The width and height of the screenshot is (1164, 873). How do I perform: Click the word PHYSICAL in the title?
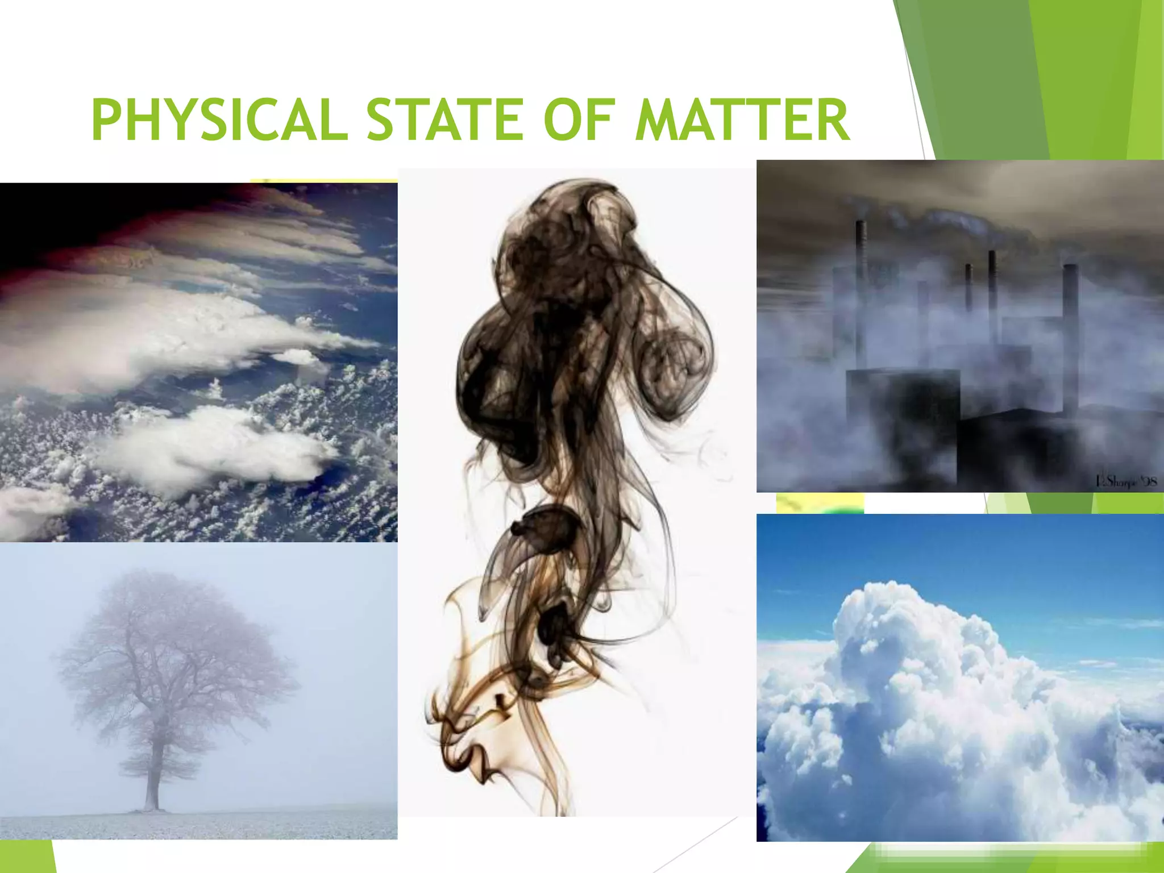[x=219, y=120]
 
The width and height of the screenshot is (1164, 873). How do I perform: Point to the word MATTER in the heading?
[x=742, y=120]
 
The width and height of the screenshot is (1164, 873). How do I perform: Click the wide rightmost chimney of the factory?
[x=1070, y=335]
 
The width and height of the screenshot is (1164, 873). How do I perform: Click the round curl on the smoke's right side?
[x=679, y=364]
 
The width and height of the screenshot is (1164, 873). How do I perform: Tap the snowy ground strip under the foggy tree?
[x=199, y=824]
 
